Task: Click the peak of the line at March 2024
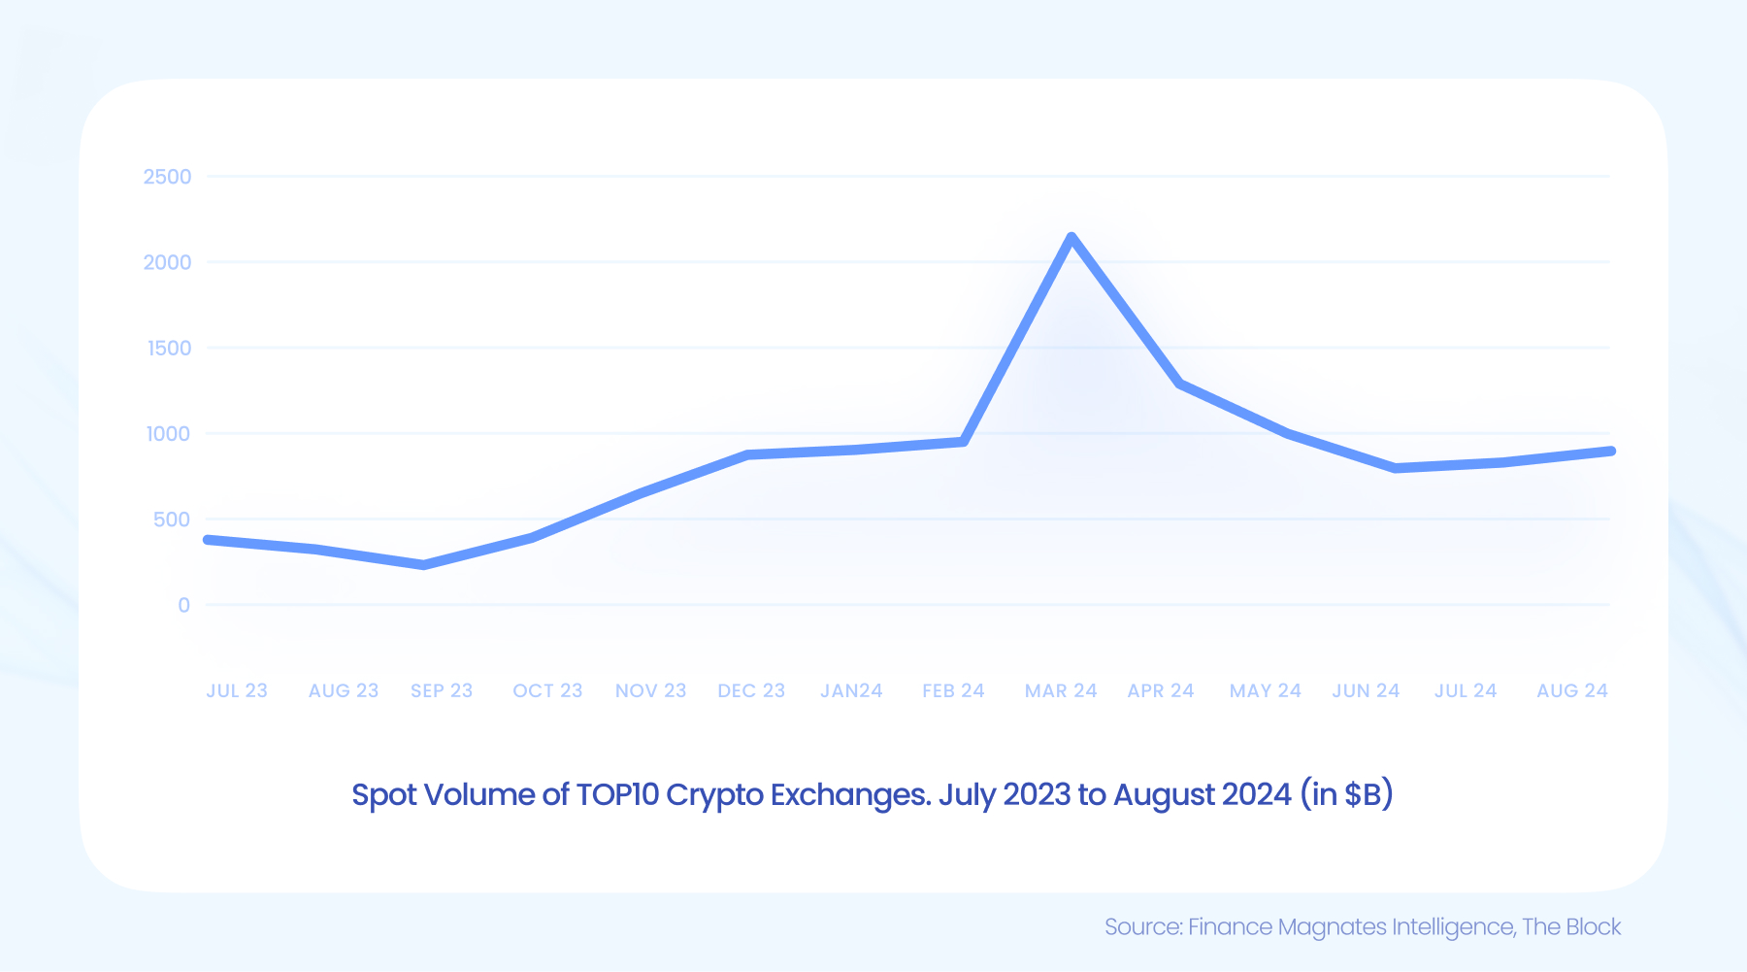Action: [x=1071, y=238]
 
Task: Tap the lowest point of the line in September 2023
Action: [x=423, y=564]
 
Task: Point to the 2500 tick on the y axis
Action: [x=167, y=177]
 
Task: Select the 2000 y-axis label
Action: [x=167, y=262]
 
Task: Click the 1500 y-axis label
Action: [x=169, y=348]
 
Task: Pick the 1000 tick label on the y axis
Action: [x=168, y=434]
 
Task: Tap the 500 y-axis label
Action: [x=172, y=520]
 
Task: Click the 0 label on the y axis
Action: [x=183, y=605]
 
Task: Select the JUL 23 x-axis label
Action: [x=236, y=690]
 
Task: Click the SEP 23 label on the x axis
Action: [x=441, y=690]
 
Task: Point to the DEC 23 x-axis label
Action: [x=750, y=690]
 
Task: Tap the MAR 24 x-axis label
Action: [x=1060, y=690]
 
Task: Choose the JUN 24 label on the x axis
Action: [x=1365, y=690]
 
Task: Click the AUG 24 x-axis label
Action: [x=1571, y=690]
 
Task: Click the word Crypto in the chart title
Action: [x=713, y=794]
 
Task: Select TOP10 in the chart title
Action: [x=617, y=794]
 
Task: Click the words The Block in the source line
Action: [x=1570, y=926]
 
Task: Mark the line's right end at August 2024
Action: [x=1610, y=452]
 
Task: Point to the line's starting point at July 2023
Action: [x=209, y=540]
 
